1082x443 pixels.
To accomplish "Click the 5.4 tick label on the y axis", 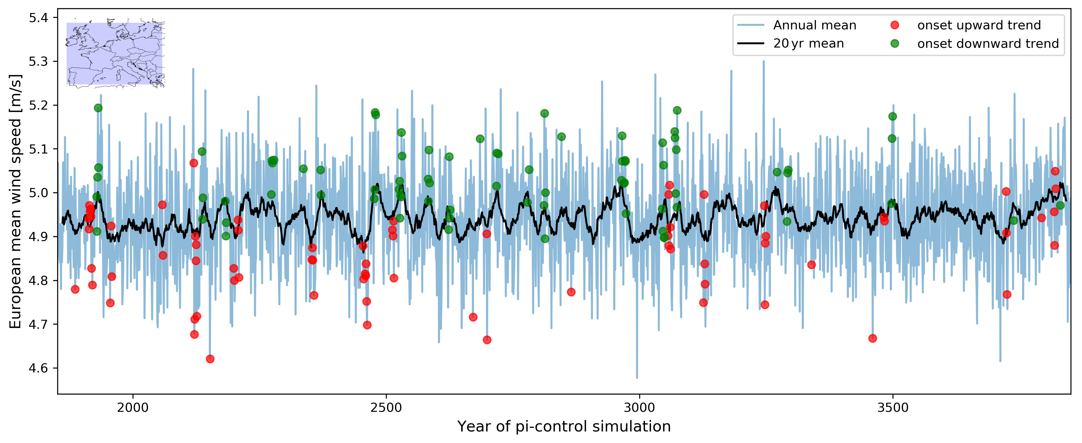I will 38,18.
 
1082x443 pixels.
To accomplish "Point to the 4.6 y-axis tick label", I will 38,368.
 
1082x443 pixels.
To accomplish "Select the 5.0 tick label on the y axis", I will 38,193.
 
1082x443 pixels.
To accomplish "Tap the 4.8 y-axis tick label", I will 38,280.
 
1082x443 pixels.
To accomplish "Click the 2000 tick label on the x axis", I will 133,407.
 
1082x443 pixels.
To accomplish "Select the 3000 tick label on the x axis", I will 639,407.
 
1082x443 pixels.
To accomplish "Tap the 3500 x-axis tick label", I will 893,407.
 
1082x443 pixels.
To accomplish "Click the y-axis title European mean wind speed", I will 15,202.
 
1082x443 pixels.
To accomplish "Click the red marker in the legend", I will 895,25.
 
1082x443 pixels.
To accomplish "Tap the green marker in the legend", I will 895,44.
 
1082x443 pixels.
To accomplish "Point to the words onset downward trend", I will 988,44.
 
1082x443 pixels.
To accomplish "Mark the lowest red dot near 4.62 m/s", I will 210,359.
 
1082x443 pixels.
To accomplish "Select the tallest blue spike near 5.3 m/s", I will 764,61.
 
